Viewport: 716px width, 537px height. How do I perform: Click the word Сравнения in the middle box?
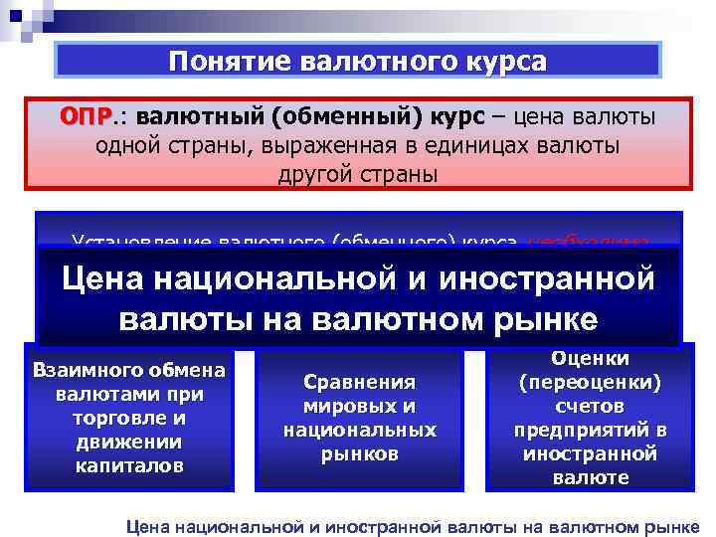click(359, 383)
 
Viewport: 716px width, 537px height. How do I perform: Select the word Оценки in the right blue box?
click(590, 360)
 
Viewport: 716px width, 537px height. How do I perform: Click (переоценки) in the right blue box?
click(590, 383)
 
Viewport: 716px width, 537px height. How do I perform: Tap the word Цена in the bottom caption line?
click(150, 525)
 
